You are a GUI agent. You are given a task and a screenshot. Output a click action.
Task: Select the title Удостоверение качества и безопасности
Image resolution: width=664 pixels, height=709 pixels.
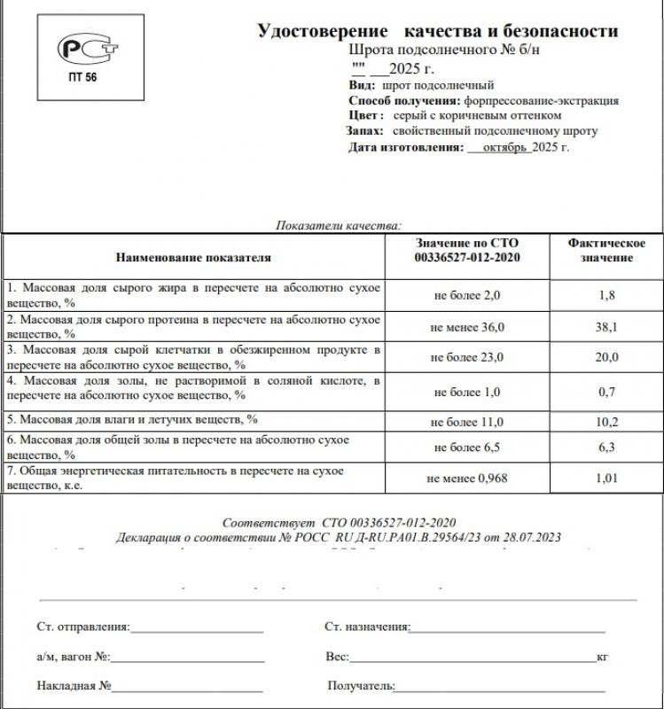click(437, 31)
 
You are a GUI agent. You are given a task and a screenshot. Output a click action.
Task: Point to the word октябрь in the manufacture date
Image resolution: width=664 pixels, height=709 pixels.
click(506, 148)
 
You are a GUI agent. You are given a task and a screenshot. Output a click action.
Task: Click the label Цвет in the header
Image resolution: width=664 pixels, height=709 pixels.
click(365, 115)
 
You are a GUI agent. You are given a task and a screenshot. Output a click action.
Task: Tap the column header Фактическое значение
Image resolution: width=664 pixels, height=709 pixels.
click(606, 250)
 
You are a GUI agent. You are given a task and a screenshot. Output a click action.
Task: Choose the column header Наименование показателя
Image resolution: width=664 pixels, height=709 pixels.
click(193, 257)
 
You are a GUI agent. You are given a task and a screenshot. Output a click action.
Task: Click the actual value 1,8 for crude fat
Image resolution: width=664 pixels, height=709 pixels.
click(607, 295)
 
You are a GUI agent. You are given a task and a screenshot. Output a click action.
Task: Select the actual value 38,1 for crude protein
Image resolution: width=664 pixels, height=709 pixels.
click(607, 326)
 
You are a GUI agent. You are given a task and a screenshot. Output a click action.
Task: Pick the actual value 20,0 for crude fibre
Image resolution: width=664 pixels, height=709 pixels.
click(607, 357)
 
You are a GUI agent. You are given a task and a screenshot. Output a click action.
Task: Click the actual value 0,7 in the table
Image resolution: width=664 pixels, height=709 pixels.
click(607, 391)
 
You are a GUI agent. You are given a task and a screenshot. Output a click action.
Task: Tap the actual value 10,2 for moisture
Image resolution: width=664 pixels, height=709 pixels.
click(607, 422)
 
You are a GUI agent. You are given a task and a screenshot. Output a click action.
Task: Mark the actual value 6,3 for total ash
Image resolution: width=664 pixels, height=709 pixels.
click(607, 448)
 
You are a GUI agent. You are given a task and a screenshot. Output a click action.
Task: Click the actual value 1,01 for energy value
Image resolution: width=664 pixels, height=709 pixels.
click(607, 479)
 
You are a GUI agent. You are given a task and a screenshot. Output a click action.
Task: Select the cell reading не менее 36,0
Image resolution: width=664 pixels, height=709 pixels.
click(467, 327)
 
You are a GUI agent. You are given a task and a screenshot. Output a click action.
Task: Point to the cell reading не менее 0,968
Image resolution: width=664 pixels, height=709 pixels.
click(467, 479)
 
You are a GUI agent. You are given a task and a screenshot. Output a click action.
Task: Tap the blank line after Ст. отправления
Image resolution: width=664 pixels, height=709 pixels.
click(196, 630)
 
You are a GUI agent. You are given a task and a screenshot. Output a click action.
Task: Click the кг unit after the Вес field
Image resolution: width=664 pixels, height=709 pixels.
click(602, 658)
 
